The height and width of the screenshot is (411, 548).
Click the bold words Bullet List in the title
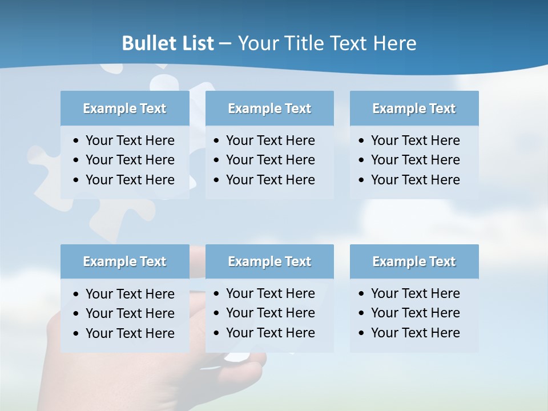(x=168, y=43)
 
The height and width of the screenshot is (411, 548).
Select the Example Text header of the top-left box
(x=124, y=108)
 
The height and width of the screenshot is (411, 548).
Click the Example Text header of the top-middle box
(x=269, y=108)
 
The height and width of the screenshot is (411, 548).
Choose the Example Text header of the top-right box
(x=414, y=108)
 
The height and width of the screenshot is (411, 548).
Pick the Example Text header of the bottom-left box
(x=124, y=261)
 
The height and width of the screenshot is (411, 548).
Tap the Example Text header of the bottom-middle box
(x=269, y=261)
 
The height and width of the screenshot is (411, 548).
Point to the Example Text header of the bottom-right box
(x=414, y=261)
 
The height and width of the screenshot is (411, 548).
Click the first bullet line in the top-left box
(x=130, y=140)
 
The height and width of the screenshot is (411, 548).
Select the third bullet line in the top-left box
(x=130, y=180)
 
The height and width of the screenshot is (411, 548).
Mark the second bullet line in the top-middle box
(x=270, y=160)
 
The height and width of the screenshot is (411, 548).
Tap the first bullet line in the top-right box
(x=415, y=140)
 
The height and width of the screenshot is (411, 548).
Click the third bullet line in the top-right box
(x=415, y=180)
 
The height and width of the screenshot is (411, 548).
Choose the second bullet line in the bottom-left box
(x=130, y=313)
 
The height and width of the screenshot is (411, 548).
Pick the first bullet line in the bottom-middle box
(x=270, y=293)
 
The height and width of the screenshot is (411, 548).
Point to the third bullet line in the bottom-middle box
(x=270, y=333)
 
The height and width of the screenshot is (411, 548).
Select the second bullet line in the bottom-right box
(x=415, y=313)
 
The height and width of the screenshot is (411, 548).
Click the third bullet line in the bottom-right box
(x=415, y=333)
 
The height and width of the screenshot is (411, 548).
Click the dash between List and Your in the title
(x=225, y=44)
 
